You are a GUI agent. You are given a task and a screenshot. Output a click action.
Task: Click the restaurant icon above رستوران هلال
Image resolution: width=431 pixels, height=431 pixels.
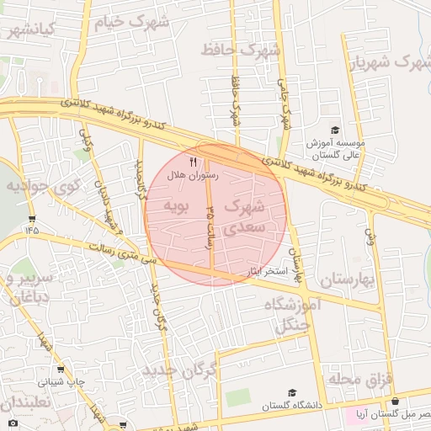194,162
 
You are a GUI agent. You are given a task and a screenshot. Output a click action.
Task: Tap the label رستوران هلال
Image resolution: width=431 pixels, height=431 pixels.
194,175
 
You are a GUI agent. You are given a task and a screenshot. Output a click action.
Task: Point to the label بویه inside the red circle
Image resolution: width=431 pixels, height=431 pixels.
180,205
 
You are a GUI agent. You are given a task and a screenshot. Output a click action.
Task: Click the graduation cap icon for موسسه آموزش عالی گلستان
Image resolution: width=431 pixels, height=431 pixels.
335,130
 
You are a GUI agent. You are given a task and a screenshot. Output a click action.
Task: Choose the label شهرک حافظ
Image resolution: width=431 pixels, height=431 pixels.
240,51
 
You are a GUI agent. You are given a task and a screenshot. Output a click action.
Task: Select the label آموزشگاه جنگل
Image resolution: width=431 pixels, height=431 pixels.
291,313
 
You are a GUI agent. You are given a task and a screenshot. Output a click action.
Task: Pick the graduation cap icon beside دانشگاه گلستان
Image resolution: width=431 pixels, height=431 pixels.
292,392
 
